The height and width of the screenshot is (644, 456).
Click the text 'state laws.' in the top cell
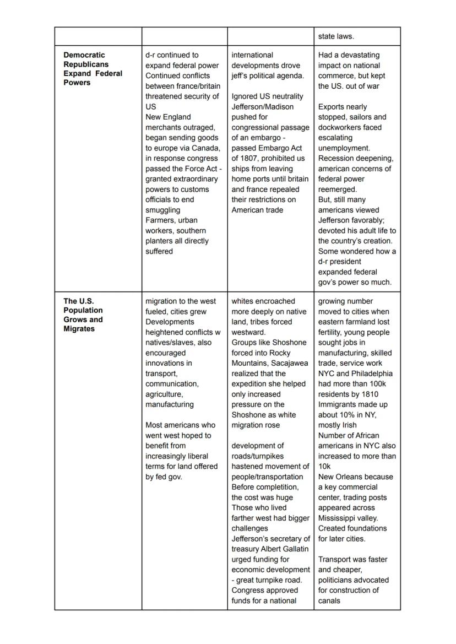pos(336,36)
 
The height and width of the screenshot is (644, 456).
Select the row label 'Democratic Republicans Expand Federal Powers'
pos(93,69)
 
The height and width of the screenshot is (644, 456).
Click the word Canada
pos(207,148)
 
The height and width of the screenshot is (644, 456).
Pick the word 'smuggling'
pos(162,210)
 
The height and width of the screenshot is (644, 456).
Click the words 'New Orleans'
pos(340,477)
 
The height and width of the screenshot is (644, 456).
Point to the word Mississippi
pos(338,518)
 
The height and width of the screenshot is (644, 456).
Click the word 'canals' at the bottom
pos(329,600)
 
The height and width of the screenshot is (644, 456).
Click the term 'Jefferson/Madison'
pos(262,107)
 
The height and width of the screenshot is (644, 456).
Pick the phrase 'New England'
pos(168,117)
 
